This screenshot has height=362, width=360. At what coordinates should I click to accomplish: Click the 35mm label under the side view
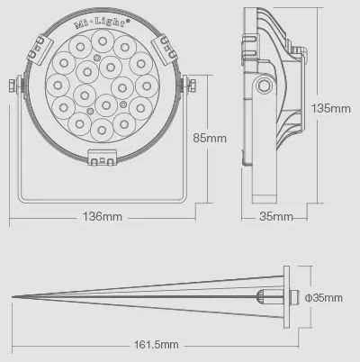276,217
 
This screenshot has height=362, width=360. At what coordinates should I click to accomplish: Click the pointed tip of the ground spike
13,296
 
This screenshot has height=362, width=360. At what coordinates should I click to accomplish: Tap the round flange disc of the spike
286,296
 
